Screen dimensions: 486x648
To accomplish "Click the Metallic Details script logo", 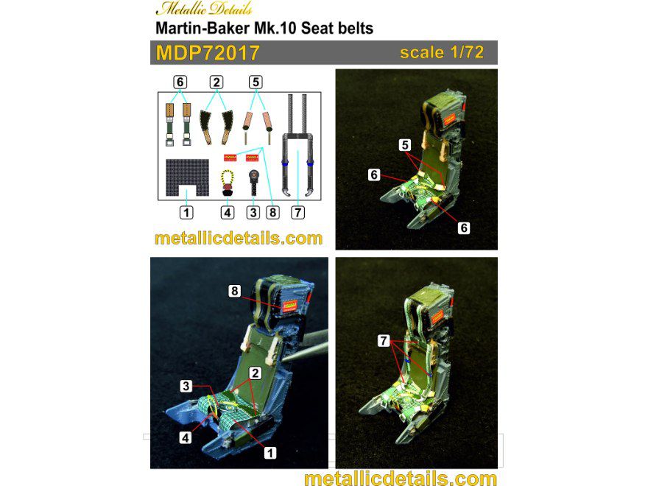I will pyautogui.click(x=204, y=10).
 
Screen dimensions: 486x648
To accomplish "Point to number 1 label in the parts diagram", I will pyautogui.click(x=187, y=212).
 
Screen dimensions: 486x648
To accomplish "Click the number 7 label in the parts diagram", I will pyautogui.click(x=297, y=212).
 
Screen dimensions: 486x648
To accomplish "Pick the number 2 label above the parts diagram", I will pyautogui.click(x=216, y=82).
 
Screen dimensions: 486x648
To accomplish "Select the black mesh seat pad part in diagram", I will pyautogui.click(x=187, y=177).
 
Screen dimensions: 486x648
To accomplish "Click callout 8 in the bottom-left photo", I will pyautogui.click(x=235, y=292).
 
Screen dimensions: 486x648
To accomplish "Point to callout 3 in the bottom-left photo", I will pyautogui.click(x=187, y=386).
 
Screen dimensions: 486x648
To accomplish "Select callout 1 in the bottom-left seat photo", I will pyautogui.click(x=270, y=453).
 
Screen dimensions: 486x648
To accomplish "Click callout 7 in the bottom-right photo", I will pyautogui.click(x=383, y=340).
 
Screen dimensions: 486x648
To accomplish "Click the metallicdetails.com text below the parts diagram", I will pyautogui.click(x=239, y=238).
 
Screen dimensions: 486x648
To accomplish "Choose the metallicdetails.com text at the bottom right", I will pyautogui.click(x=400, y=478).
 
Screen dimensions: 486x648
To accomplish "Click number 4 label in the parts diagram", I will pyautogui.click(x=228, y=212).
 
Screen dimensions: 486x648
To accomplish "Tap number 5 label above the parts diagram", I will pyautogui.click(x=256, y=82).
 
